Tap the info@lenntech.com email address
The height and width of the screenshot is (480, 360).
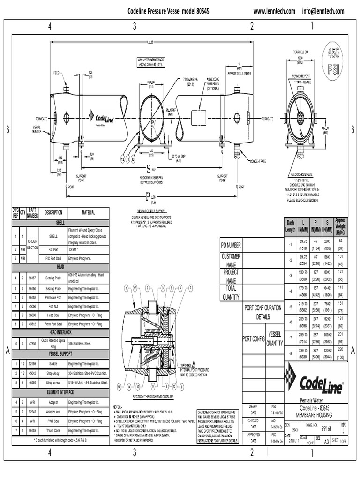click(x=323, y=11)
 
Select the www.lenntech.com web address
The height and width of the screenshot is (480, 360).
click(x=274, y=11)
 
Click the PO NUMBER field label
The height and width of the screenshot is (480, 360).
click(x=231, y=245)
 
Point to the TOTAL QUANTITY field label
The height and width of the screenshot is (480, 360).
click(x=231, y=292)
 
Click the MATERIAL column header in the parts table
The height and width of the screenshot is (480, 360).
click(x=88, y=212)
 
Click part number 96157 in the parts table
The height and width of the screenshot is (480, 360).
click(x=32, y=278)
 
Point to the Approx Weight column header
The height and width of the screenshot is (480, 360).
click(x=340, y=226)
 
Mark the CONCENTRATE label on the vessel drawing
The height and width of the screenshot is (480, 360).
click(x=257, y=161)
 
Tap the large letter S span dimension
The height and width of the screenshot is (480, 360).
click(x=149, y=167)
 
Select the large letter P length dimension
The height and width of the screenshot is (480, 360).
click(x=147, y=196)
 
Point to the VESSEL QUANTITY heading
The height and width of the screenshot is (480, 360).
click(x=275, y=338)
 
